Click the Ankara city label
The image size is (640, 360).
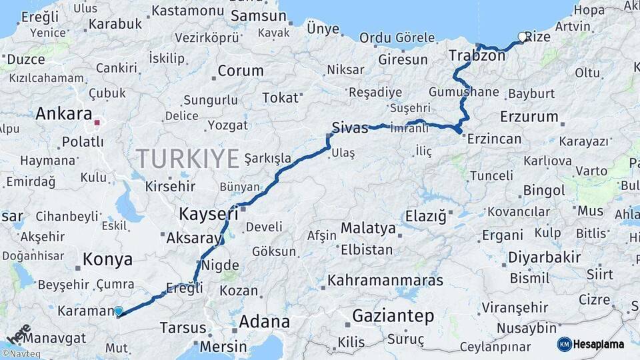[63, 113]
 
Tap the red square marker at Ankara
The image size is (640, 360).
[97, 123]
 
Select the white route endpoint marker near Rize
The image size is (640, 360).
[522, 37]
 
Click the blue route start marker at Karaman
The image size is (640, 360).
[119, 311]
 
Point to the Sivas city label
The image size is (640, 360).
[350, 128]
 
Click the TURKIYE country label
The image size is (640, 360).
[187, 159]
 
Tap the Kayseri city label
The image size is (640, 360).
[209, 214]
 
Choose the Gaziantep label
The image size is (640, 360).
[393, 316]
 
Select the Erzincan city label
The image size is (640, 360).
[494, 139]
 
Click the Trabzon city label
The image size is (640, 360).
[477, 55]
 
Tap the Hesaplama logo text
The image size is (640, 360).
[599, 345]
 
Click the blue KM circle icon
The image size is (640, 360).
[565, 345]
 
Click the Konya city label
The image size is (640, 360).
[107, 260]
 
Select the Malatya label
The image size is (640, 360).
[368, 228]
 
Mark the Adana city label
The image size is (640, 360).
[265, 322]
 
